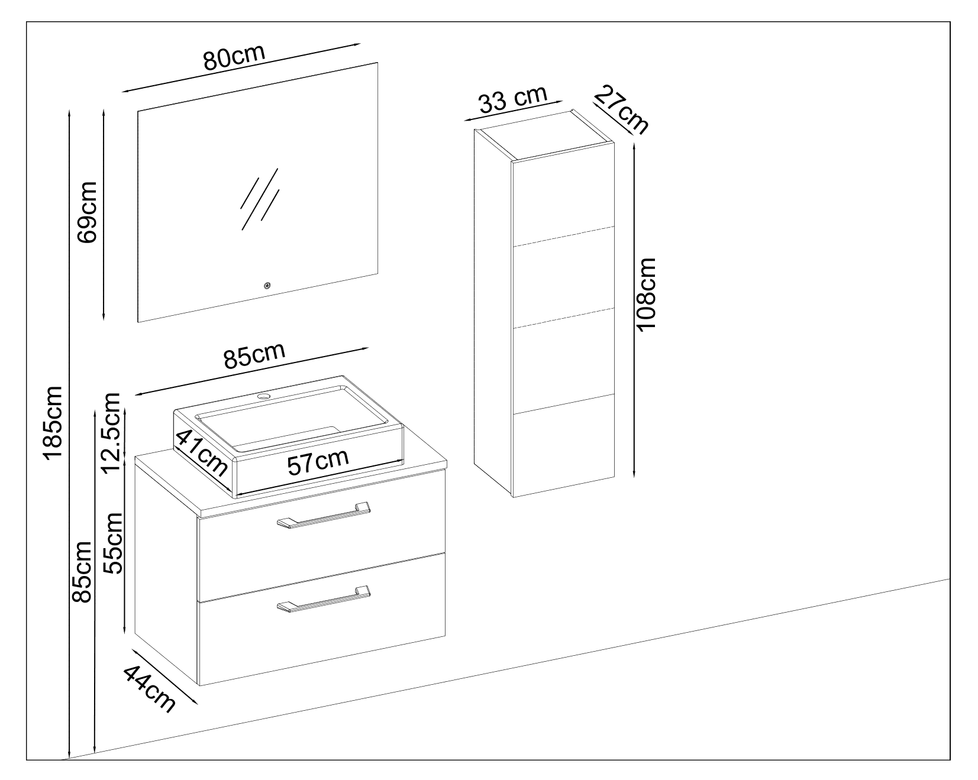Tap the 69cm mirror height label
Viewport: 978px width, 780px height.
pyautogui.click(x=86, y=212)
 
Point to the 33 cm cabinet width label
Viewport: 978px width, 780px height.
pyautogui.click(x=512, y=100)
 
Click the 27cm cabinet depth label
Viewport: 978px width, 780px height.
pyautogui.click(x=621, y=110)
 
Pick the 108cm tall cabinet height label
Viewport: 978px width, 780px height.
pyautogui.click(x=648, y=294)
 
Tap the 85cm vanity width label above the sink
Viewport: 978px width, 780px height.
pyautogui.click(x=254, y=356)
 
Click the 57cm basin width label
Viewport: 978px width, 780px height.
pyautogui.click(x=318, y=462)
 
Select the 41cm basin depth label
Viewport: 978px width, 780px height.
pyautogui.click(x=201, y=452)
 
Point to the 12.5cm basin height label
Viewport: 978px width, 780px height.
pyautogui.click(x=112, y=433)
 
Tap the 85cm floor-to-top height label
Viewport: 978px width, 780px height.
pyautogui.click(x=80, y=571)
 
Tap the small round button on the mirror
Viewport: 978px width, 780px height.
pyautogui.click(x=267, y=286)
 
